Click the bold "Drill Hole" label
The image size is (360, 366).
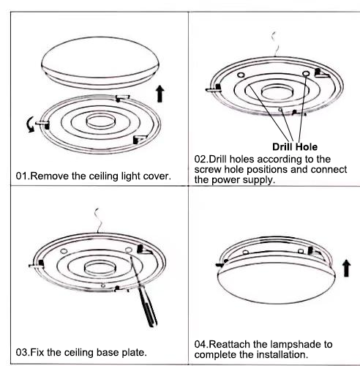tap(295, 147)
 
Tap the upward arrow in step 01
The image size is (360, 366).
tap(160, 94)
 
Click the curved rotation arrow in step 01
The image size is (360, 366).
tap(30, 124)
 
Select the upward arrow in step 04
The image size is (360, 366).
tap(347, 268)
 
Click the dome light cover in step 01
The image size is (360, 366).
tap(100, 63)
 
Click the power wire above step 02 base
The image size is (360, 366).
tap(275, 44)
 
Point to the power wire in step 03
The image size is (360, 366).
tap(97, 220)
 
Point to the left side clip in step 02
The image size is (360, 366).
tap(214, 89)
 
